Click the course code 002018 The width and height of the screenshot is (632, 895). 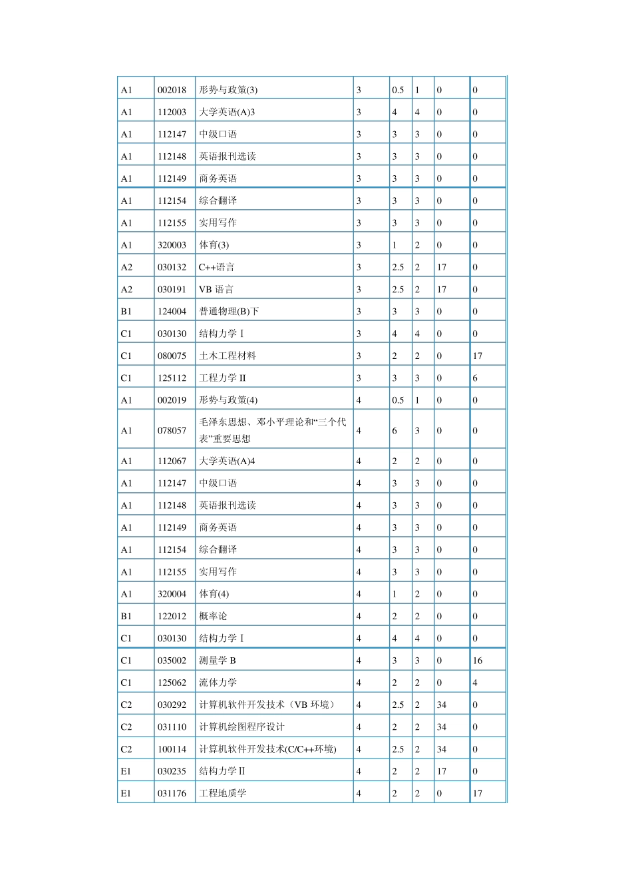tap(172, 90)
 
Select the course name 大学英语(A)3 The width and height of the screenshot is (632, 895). tap(227, 112)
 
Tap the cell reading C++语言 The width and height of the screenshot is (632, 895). tap(216, 267)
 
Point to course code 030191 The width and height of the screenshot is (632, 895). tap(172, 289)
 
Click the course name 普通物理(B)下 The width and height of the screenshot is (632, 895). tap(229, 311)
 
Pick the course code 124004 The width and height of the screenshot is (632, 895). tap(172, 311)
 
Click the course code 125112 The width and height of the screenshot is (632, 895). tap(172, 378)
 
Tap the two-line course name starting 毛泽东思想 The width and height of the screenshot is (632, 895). tap(272, 430)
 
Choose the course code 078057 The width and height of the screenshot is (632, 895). tap(172, 430)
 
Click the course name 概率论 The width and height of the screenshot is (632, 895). tap(213, 616)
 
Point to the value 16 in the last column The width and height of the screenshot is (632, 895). tap(477, 661)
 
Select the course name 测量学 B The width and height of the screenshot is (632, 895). tap(218, 661)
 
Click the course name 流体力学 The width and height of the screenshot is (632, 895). tap(218, 683)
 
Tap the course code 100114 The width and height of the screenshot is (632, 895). tap(172, 749)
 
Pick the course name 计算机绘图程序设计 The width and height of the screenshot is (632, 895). tap(241, 727)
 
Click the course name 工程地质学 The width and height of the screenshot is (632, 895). tap(222, 793)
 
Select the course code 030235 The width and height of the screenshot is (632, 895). tap(172, 771)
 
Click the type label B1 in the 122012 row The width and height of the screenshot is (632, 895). tap(126, 616)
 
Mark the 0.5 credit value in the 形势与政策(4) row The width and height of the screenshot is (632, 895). tap(398, 400)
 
